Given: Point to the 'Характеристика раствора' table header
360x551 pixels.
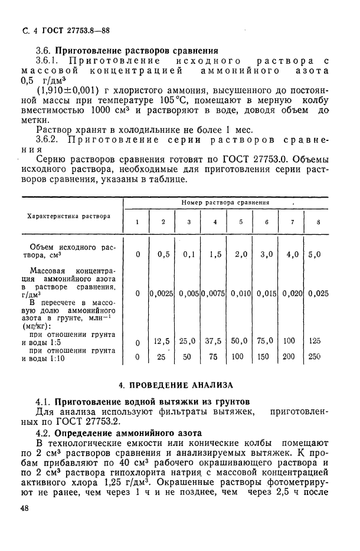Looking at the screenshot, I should pyautogui.click(x=69, y=216).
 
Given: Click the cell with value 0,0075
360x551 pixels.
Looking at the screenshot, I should pyautogui.click(x=214, y=293).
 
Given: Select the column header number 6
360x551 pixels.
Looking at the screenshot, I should pyautogui.click(x=267, y=222).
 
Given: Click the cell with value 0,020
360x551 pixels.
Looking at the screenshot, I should pyautogui.click(x=293, y=293).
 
